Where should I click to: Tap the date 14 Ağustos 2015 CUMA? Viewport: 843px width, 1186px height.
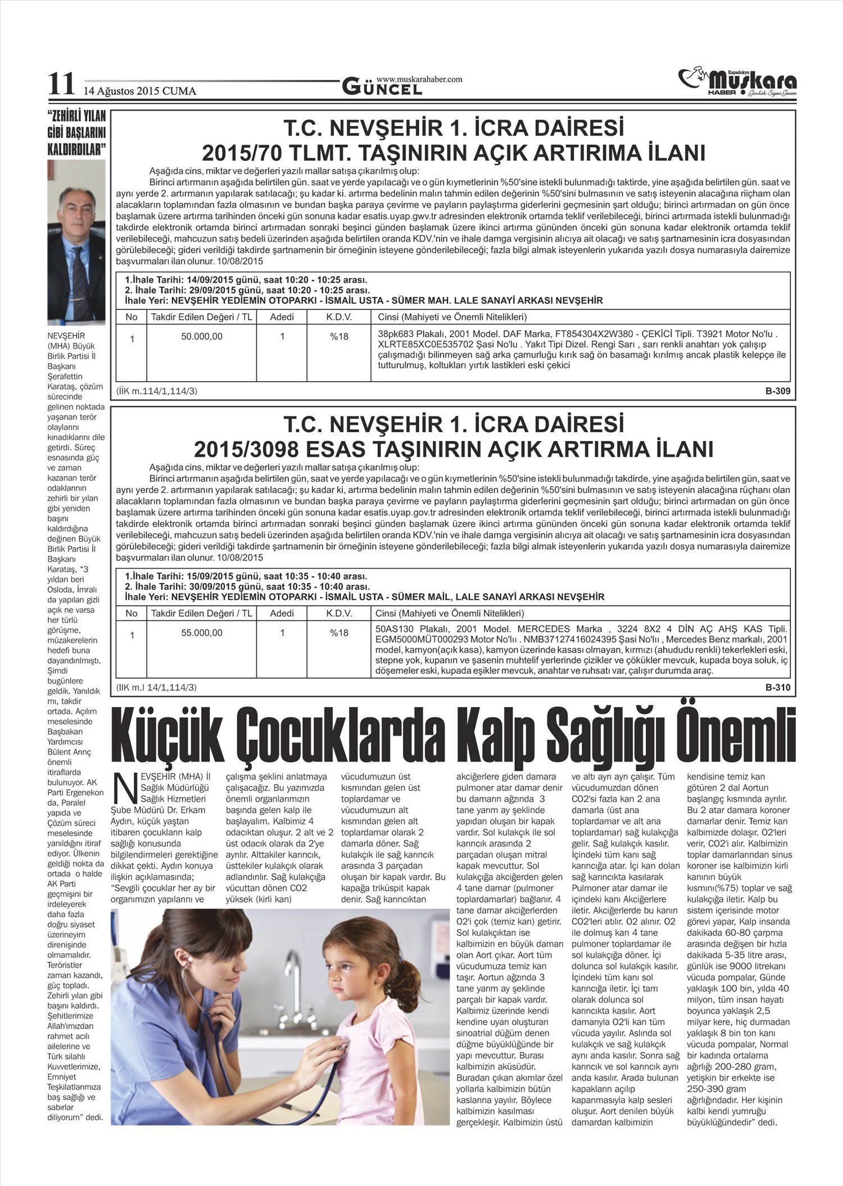click(x=140, y=91)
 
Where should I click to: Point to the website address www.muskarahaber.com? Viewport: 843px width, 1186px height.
click(x=419, y=79)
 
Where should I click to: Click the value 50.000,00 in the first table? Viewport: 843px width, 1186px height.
click(x=202, y=337)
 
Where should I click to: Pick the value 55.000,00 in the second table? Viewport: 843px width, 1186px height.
click(x=202, y=633)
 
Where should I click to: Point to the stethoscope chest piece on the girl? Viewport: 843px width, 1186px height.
click(x=339, y=1049)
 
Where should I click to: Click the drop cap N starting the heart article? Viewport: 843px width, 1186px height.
click(x=124, y=787)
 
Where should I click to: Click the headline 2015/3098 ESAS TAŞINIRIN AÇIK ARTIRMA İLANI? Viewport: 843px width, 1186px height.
click(x=453, y=450)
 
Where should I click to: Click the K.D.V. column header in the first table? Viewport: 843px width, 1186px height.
click(x=339, y=317)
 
